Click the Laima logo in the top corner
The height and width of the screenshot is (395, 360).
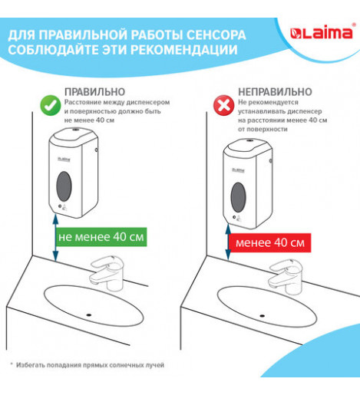click(322, 33)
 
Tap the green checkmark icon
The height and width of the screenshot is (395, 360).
click(51, 105)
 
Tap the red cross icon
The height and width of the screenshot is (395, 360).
click(224, 105)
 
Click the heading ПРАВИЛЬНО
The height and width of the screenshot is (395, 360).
click(94, 92)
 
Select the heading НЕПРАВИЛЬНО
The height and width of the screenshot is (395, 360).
click(275, 92)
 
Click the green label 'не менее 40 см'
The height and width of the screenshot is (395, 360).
click(101, 237)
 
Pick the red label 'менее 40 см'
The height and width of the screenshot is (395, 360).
click(270, 242)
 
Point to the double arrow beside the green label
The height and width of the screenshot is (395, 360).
click(55, 238)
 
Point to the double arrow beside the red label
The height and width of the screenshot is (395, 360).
click(228, 242)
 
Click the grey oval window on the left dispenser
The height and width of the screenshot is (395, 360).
click(64, 186)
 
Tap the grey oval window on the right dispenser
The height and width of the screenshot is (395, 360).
click(239, 197)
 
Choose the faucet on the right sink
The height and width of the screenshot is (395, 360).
click(285, 276)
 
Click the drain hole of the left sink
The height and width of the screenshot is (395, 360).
click(89, 314)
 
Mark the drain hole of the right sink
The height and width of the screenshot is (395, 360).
click(262, 316)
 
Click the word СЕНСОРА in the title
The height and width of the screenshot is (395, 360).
click(216, 35)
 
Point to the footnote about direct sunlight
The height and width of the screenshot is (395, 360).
click(88, 365)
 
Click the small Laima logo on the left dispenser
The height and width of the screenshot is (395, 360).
click(64, 160)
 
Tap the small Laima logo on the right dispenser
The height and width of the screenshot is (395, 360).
click(239, 170)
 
